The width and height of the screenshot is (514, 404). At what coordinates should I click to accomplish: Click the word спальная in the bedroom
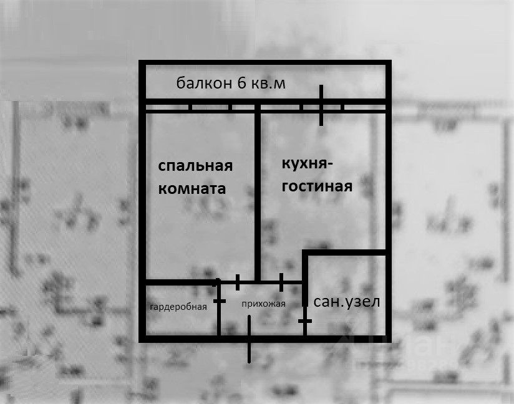point(195,166)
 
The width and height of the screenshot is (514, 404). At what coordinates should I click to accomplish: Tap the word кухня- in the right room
point(308,164)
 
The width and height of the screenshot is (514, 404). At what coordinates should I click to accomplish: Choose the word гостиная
point(317,186)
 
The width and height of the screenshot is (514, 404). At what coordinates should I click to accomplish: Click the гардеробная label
point(178,306)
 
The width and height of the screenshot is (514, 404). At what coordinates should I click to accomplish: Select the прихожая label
point(263,304)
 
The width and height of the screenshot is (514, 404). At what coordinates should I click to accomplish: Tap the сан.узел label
point(346,302)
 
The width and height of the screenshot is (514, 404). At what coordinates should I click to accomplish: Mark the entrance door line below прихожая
point(249,340)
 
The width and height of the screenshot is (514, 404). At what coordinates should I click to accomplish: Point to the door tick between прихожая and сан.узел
point(304,320)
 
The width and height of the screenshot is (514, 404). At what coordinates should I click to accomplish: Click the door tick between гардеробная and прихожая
point(219,301)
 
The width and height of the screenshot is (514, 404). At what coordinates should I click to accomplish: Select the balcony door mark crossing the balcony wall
point(321,105)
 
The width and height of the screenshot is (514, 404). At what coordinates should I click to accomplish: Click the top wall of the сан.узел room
point(346,252)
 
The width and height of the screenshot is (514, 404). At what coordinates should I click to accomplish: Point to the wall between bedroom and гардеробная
point(181,282)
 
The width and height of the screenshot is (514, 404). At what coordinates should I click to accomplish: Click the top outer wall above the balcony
point(265,62)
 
